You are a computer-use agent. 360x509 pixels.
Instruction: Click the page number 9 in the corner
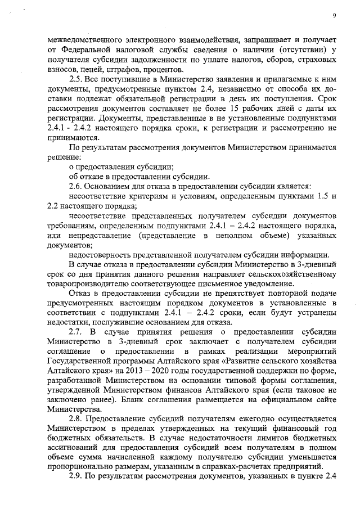click(x=335, y=15)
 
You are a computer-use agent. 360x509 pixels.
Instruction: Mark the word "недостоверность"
click(x=102, y=254)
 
